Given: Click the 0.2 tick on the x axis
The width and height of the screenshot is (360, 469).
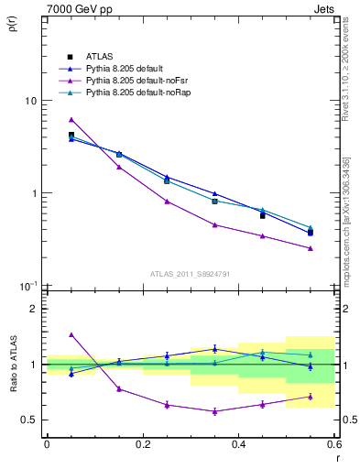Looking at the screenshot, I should pos(142,444).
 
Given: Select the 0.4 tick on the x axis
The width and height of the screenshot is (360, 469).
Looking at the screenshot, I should pos(238,444).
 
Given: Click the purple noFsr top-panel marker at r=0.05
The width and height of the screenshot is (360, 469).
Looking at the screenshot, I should pos(71,120).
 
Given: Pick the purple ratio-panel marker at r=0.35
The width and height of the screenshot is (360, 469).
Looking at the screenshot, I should pos(214,411).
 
